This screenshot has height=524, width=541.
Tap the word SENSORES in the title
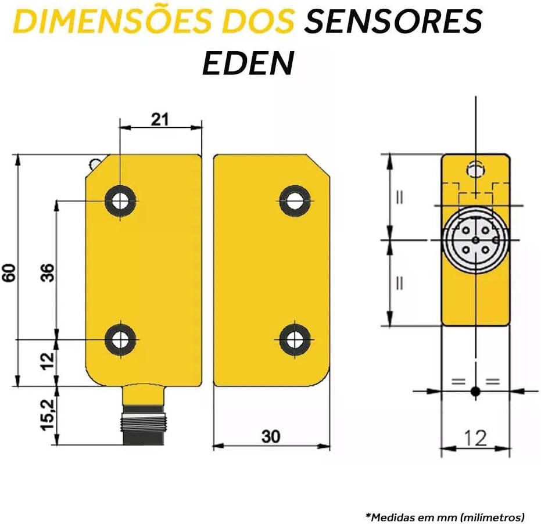pos(393,21)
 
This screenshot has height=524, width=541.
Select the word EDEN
pos(248,63)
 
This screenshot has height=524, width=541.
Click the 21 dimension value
pos(160,119)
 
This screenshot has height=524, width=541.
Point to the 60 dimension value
pos(9,272)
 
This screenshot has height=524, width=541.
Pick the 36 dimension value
pos(48,272)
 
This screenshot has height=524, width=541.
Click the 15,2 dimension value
pos(48,415)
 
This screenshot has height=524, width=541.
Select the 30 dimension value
pos(271,436)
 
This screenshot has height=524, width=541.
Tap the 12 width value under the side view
pos(475,438)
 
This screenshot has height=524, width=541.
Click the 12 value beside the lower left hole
pos(48,361)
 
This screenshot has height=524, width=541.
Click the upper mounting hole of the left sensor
pos(120,200)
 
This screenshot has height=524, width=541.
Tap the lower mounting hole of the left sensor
pos(120,339)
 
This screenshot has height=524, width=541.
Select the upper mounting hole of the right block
pos(294,200)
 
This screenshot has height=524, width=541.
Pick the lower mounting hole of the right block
pos(294,339)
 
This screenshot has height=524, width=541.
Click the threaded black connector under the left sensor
pos(143,425)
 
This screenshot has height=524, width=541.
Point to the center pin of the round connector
pos(476,240)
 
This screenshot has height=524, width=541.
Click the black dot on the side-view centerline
pos(475,392)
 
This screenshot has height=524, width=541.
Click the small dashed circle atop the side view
pos(475,170)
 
